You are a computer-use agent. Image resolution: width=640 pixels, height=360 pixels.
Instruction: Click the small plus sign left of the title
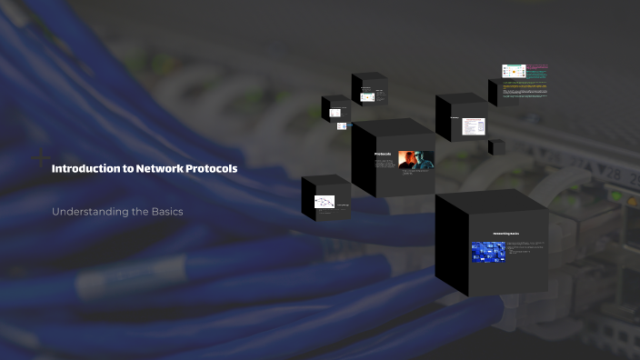pos(40,157)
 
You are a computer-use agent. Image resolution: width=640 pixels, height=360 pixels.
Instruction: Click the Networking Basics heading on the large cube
pos(505,234)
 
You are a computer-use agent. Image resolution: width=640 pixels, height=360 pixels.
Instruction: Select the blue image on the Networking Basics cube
pos(488,252)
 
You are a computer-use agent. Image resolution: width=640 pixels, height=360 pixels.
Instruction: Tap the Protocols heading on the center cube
pos(383,155)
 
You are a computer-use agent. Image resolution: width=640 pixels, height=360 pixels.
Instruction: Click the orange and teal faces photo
pos(415,159)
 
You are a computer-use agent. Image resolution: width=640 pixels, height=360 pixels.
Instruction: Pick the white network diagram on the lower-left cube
pos(325,202)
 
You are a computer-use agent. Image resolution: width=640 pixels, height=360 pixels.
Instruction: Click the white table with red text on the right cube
pos(474,126)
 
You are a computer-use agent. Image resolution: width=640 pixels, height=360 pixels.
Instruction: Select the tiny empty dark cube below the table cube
pos(496,147)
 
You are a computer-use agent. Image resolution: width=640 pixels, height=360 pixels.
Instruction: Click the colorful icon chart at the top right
pos(514,71)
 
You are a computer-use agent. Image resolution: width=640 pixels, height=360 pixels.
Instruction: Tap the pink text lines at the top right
pos(539,66)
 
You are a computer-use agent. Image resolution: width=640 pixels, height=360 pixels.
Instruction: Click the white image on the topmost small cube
pos(367,95)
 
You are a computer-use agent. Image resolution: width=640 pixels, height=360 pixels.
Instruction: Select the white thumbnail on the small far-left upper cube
pos(335,113)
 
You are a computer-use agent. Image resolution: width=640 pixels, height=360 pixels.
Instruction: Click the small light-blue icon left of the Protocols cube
pos(342,126)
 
